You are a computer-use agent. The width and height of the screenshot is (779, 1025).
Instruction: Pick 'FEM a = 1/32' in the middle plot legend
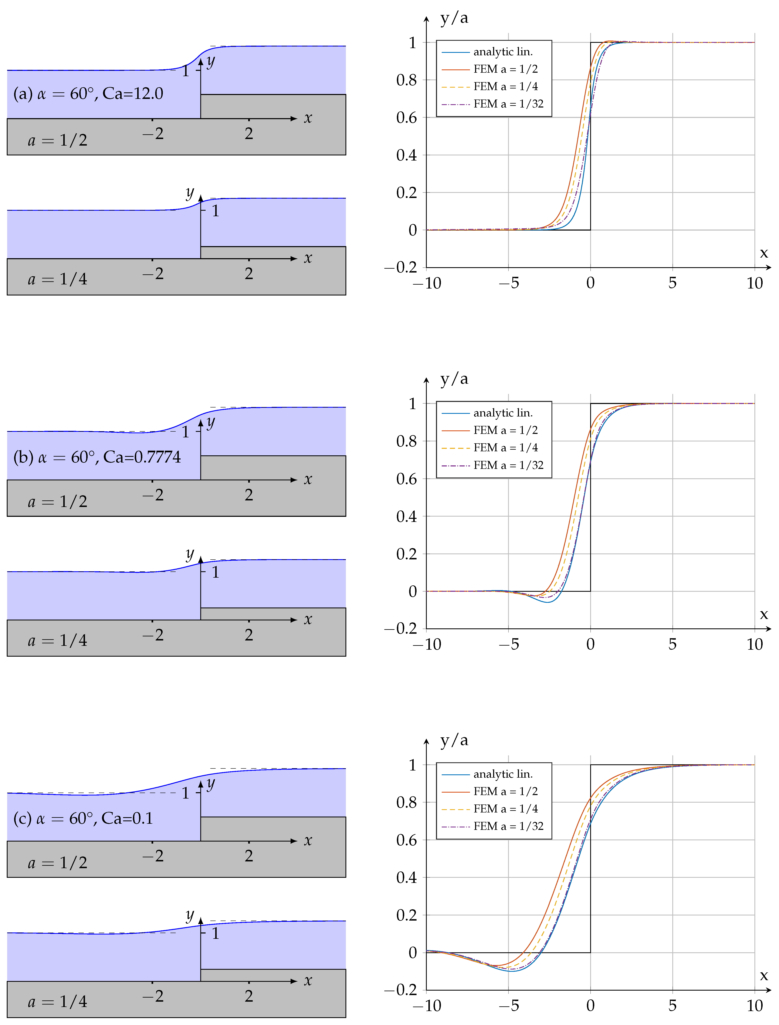click(x=508, y=465)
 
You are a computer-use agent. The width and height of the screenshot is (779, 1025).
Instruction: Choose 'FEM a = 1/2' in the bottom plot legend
click(x=505, y=791)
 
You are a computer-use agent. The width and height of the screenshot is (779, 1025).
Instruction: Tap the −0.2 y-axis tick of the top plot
click(x=401, y=267)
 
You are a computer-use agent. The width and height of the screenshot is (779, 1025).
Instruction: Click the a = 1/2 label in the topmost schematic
click(x=58, y=140)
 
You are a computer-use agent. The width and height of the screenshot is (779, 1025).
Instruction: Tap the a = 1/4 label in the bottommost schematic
click(x=58, y=1001)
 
